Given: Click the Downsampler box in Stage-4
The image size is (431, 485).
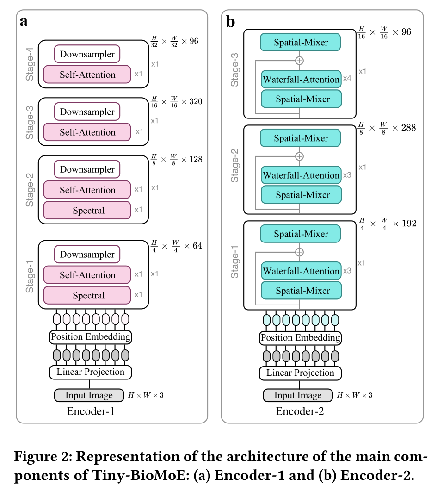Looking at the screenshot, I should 87,54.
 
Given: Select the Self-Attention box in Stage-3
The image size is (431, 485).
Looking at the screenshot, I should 87,132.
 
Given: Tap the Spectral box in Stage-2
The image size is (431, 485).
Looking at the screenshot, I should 87,210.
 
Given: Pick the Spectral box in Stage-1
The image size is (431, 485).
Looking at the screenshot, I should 87,295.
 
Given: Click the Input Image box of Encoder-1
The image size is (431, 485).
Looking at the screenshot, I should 89,395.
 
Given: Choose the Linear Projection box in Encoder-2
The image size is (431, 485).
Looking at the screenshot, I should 300,373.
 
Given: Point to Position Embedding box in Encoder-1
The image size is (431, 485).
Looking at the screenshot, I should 91,337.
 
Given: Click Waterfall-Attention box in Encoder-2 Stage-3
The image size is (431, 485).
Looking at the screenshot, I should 301,80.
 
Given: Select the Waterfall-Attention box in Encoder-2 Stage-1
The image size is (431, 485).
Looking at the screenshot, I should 301,271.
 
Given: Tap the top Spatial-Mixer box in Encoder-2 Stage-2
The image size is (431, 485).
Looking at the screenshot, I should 301,138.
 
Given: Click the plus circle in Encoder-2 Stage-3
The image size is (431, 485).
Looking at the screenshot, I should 300,61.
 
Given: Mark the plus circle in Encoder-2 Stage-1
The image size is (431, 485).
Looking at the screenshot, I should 300,252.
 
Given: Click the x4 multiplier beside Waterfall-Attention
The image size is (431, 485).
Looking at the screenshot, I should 347,79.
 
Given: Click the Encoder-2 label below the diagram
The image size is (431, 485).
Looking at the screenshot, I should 300,411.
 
